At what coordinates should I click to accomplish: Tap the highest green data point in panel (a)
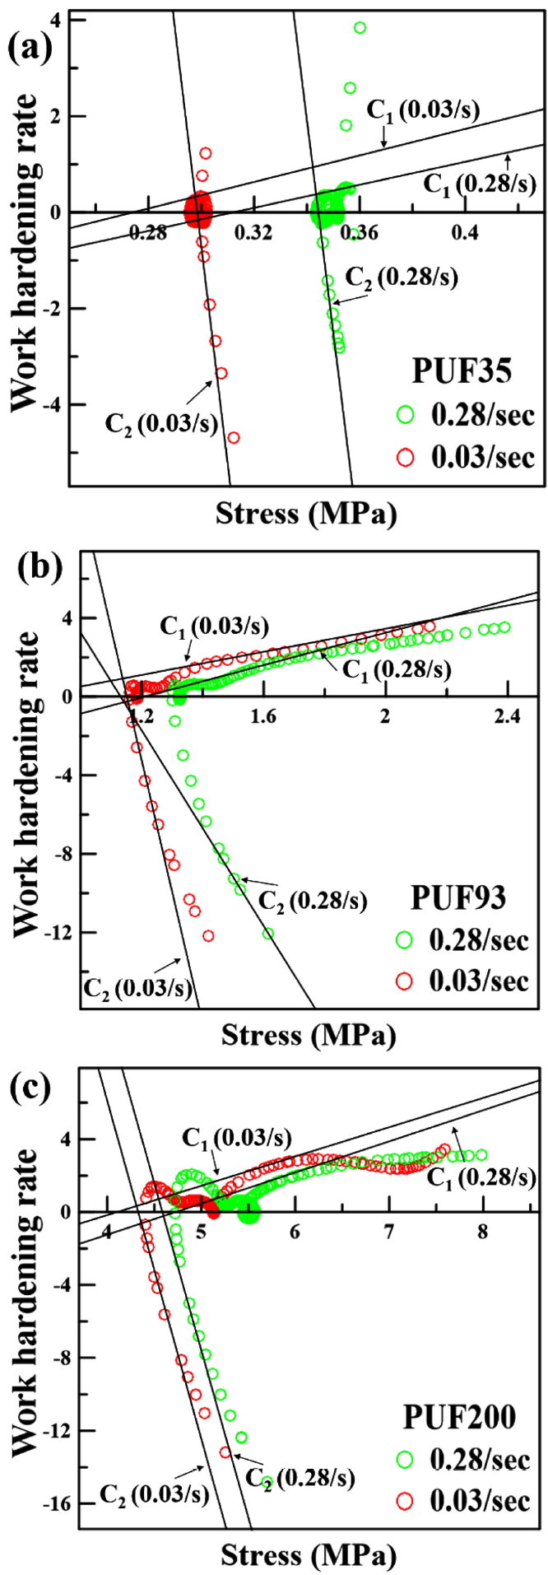[360, 28]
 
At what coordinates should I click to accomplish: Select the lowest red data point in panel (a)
[234, 437]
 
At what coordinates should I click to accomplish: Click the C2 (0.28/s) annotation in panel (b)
[313, 900]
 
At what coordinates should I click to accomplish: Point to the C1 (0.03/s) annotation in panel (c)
[237, 1139]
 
